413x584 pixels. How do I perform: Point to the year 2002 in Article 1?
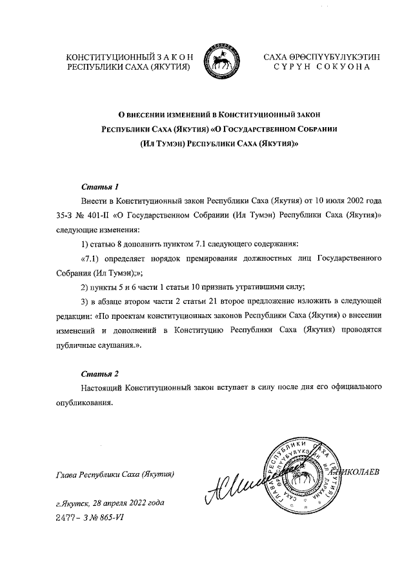pyautogui.click(x=352, y=201)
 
